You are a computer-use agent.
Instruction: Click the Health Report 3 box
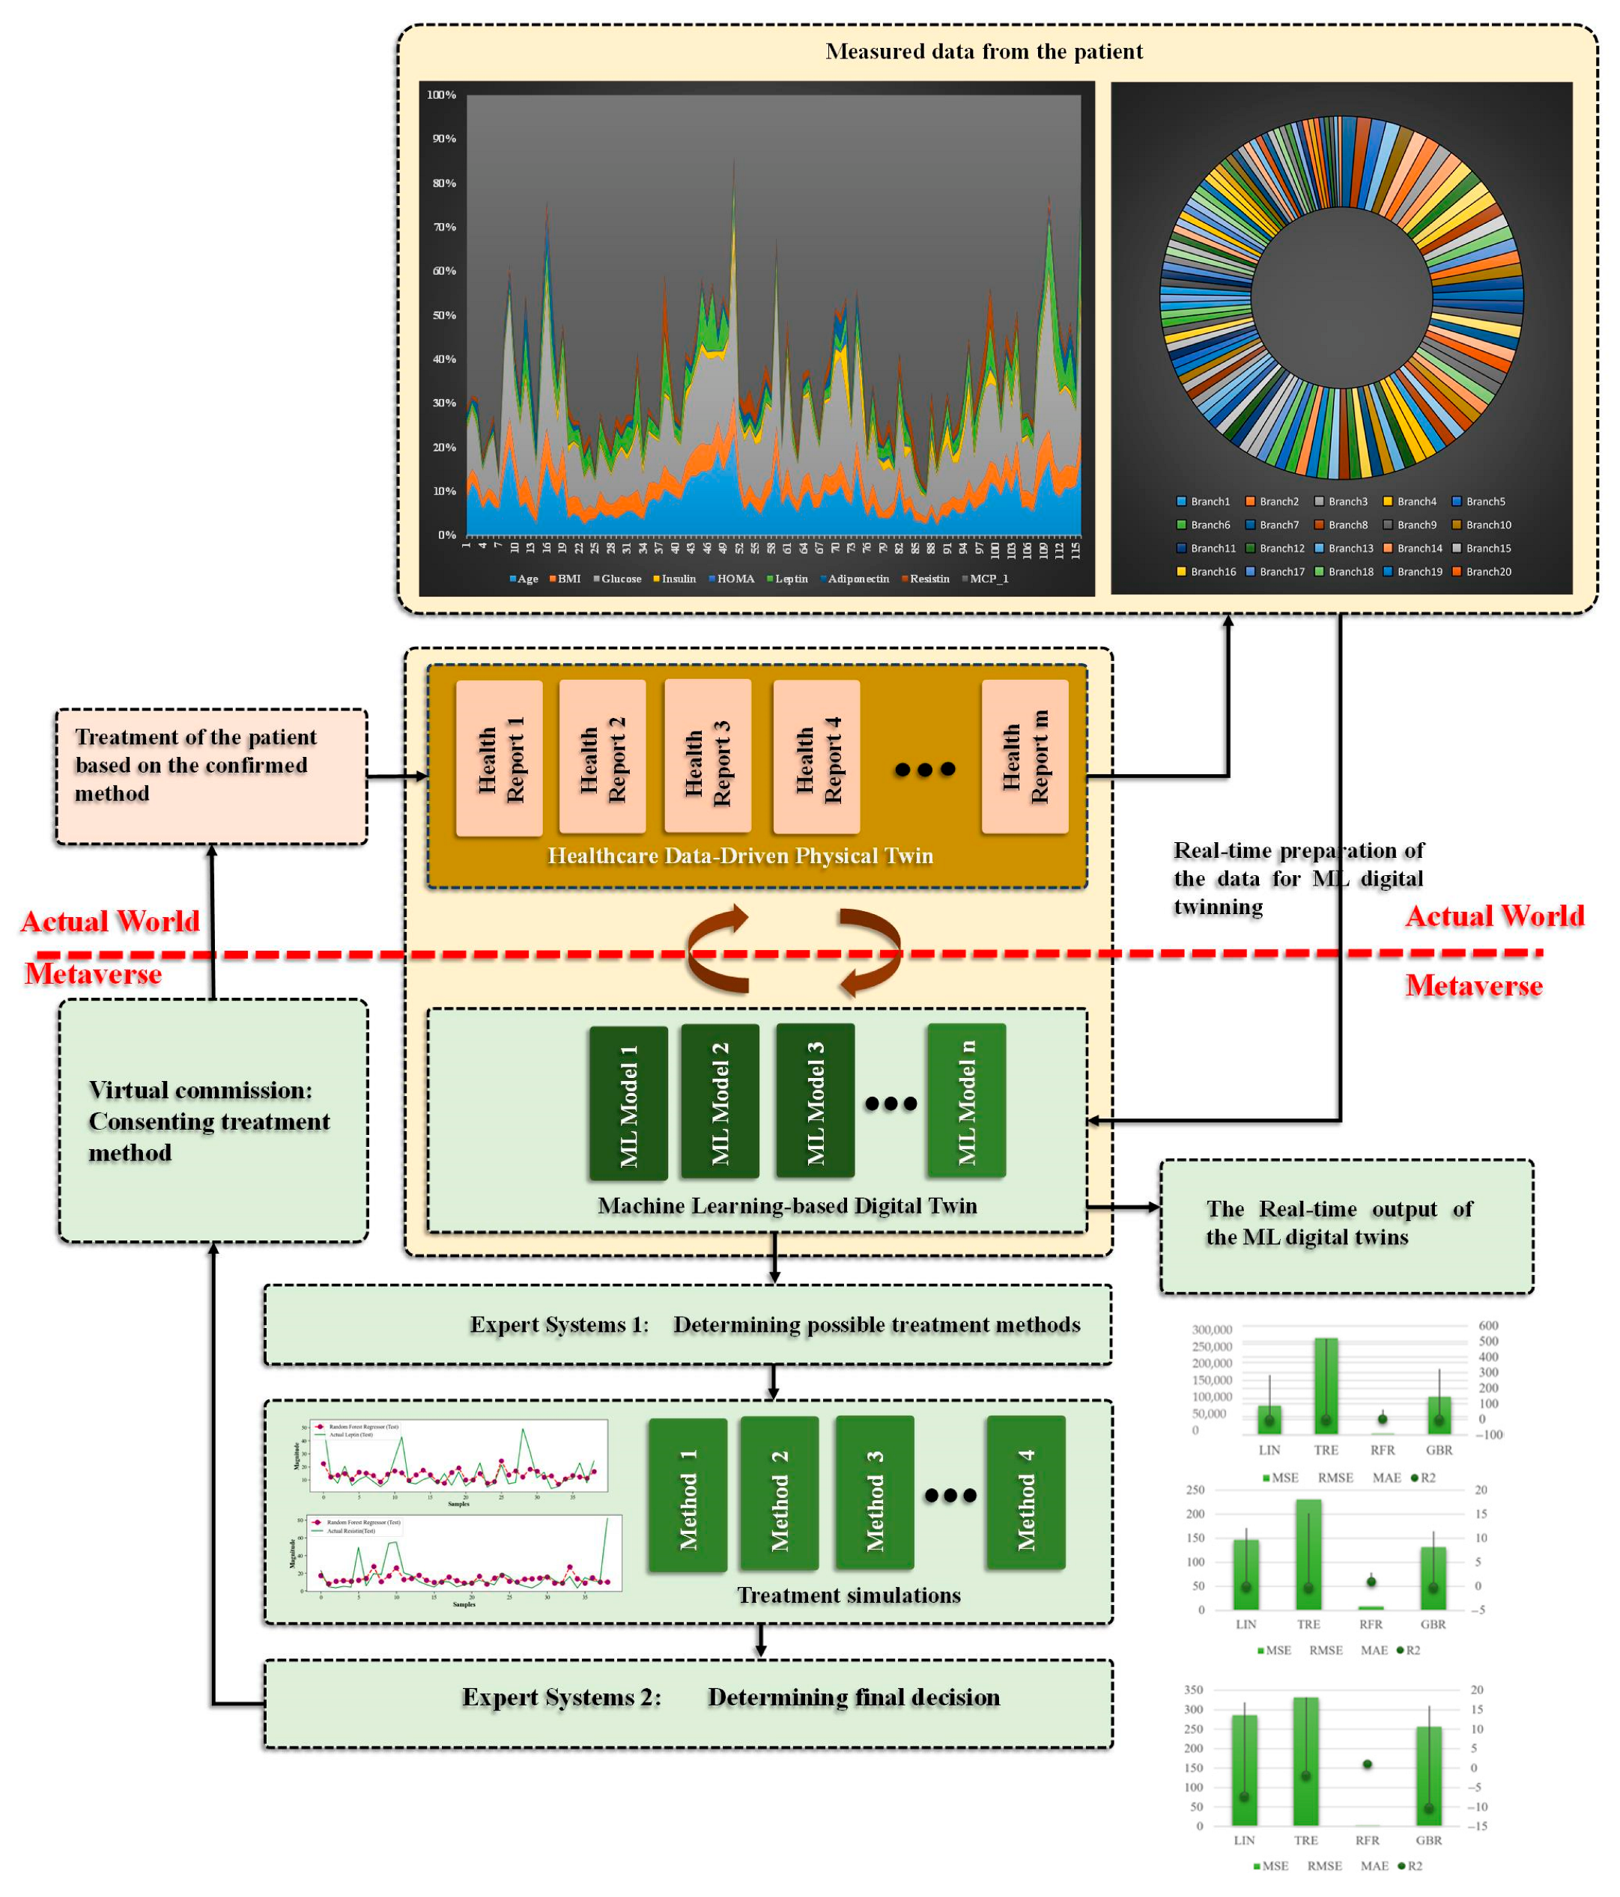click(707, 755)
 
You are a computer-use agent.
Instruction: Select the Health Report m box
click(1025, 756)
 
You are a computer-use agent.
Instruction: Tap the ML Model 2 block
click(720, 1101)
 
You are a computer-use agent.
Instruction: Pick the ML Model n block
click(966, 1100)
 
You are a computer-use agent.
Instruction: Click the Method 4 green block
click(1025, 1493)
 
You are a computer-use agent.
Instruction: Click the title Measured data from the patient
click(983, 51)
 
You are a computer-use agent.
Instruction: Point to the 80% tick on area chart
click(444, 183)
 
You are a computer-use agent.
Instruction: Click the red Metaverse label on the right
click(1472, 986)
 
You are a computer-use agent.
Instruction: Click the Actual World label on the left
click(110, 921)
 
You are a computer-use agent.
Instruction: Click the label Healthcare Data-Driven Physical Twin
click(740, 855)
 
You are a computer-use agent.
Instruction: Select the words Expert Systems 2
click(560, 1697)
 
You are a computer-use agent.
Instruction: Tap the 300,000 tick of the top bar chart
click(1212, 1330)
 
